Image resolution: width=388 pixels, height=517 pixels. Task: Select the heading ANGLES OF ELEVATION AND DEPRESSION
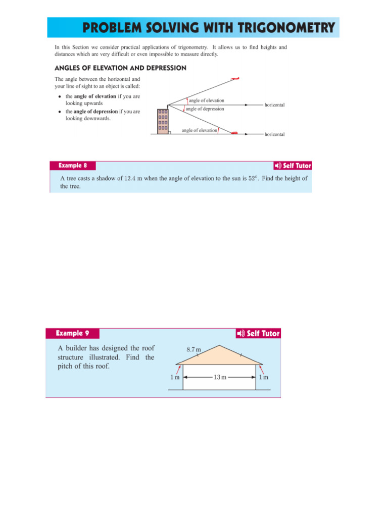pyautogui.click(x=120, y=68)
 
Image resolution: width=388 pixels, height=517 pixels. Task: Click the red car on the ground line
pyautogui.click(x=234, y=133)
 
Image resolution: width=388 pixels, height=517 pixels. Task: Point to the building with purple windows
pyautogui.click(x=163, y=121)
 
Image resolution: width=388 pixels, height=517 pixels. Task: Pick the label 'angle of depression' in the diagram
pyautogui.click(x=205, y=109)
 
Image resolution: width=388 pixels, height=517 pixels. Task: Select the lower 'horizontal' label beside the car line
pyautogui.click(x=274, y=135)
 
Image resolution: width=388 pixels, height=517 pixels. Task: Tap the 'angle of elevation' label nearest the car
pyautogui.click(x=199, y=130)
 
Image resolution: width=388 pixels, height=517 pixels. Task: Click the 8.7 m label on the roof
pyautogui.click(x=193, y=349)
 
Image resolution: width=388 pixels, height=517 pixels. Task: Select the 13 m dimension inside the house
pyautogui.click(x=219, y=377)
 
